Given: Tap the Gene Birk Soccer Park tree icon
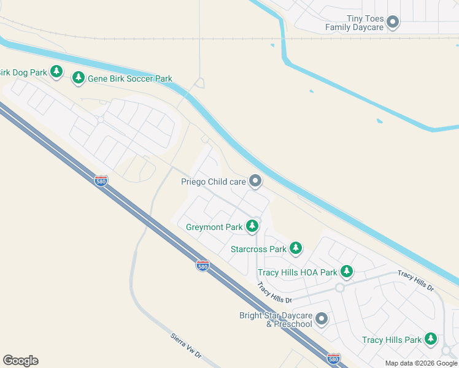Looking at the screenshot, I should pyautogui.click(x=78, y=78).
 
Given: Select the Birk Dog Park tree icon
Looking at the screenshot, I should pyautogui.click(x=56, y=72).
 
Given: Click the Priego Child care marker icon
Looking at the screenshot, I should pyautogui.click(x=255, y=181).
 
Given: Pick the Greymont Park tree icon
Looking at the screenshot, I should pyautogui.click(x=252, y=227).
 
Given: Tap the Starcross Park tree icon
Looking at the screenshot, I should pyautogui.click(x=296, y=248).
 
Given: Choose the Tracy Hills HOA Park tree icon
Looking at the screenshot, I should pyautogui.click(x=347, y=271).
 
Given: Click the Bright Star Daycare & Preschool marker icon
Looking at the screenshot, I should pyautogui.click(x=322, y=319).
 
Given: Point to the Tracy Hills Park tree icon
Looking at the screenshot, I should pyautogui.click(x=431, y=339).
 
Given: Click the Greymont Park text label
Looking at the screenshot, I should pyautogui.click(x=214, y=228).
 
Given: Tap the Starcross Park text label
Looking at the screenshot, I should pyautogui.click(x=258, y=250).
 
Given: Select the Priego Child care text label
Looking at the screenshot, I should pyautogui.click(x=213, y=182).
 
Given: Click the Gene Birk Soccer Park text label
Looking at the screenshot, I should pyautogui.click(x=130, y=79).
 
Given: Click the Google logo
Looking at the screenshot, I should pyautogui.click(x=20, y=361).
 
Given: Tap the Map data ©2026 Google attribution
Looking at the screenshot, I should pyautogui.click(x=421, y=363).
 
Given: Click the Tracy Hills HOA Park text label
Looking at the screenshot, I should pyautogui.click(x=298, y=272).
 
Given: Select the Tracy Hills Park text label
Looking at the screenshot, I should pyautogui.click(x=391, y=340).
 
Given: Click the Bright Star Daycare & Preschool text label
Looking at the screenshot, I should pyautogui.click(x=276, y=320).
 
